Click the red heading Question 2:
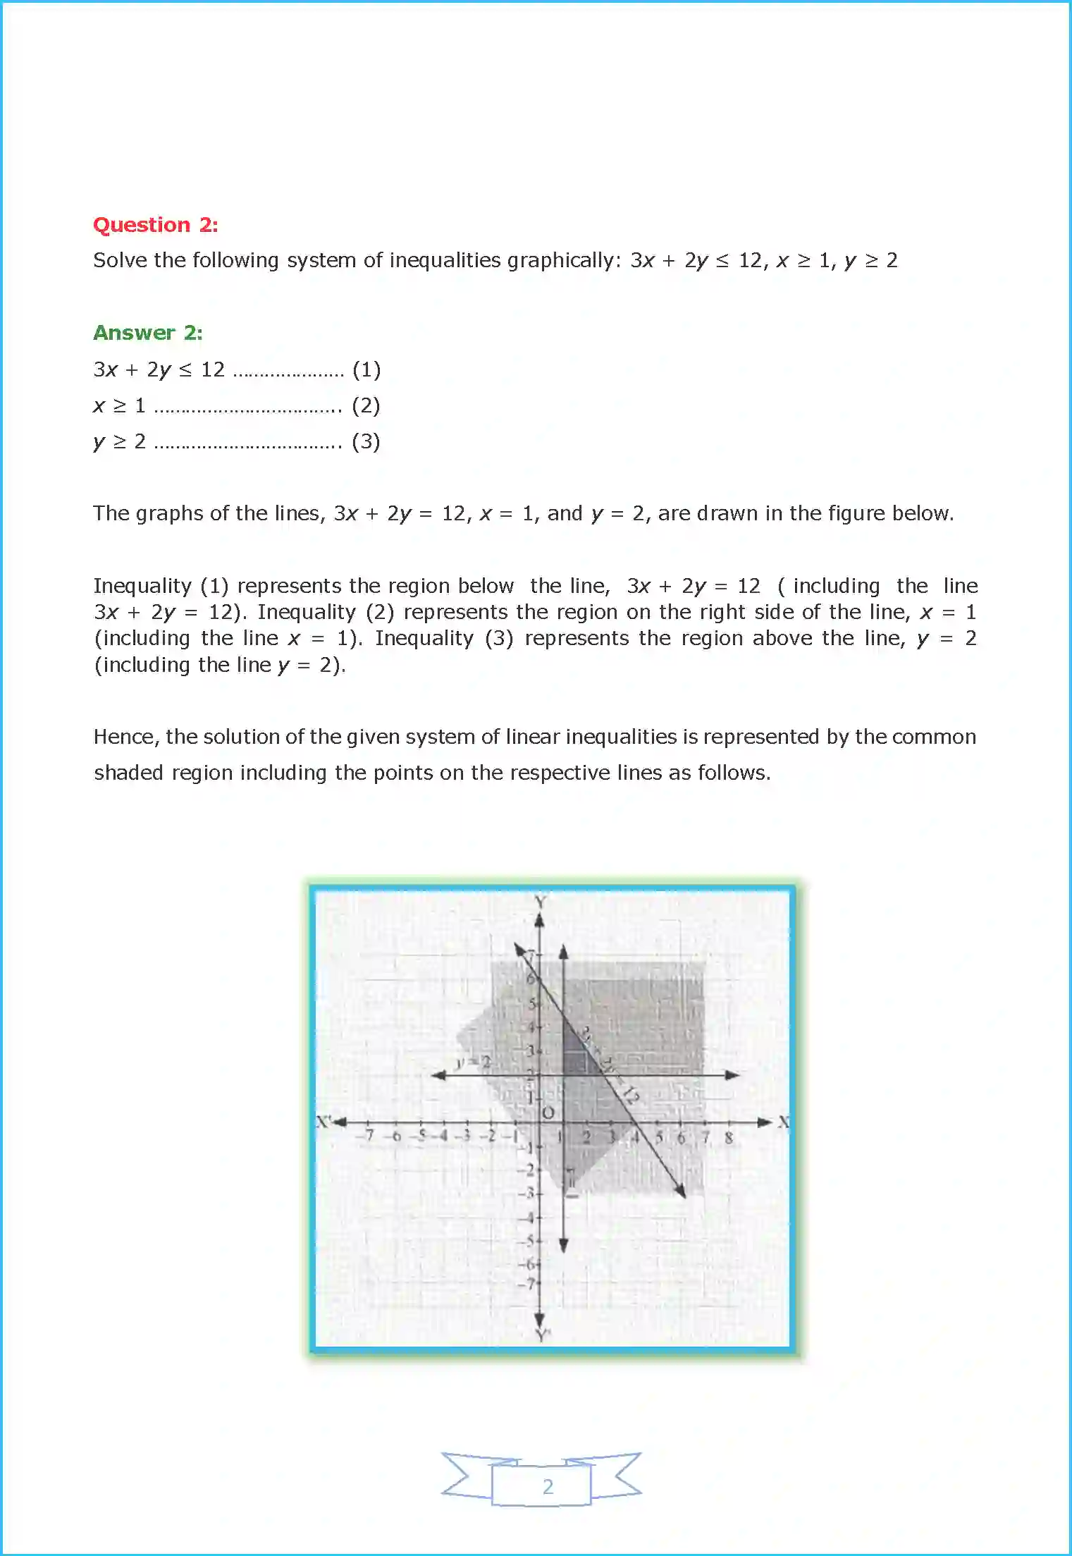[155, 225]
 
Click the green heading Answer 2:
[147, 333]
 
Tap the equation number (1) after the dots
[366, 369]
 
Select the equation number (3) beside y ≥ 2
[366, 442]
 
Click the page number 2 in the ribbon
[548, 1486]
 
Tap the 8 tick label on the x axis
[729, 1137]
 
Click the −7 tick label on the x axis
[367, 1136]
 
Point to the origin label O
[548, 1113]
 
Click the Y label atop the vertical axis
[540, 902]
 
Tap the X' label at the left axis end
[323, 1121]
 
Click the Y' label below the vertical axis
[541, 1335]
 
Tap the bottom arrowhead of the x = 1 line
[563, 1246]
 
